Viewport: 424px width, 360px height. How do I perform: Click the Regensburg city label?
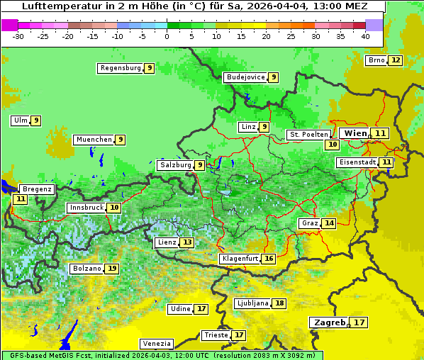(x=120, y=68)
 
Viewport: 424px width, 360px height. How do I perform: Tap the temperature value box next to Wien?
(x=381, y=133)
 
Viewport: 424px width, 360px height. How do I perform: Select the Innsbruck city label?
(x=85, y=208)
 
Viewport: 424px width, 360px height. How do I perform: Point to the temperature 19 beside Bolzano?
(x=112, y=269)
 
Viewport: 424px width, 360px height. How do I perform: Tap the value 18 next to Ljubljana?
(x=279, y=303)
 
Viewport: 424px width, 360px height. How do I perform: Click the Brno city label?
(x=376, y=60)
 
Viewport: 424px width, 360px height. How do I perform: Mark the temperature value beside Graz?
(x=328, y=223)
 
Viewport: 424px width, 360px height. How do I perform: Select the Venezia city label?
(x=156, y=343)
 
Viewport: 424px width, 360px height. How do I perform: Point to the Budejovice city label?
(x=245, y=77)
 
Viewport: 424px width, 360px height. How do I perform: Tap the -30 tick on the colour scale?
(x=18, y=36)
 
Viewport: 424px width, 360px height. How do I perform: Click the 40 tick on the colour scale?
(x=365, y=36)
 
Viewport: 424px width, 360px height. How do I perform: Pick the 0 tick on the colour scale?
(x=167, y=36)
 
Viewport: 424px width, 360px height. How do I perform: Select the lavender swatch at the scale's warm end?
(x=374, y=25)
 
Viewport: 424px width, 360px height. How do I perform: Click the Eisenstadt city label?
(x=357, y=162)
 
